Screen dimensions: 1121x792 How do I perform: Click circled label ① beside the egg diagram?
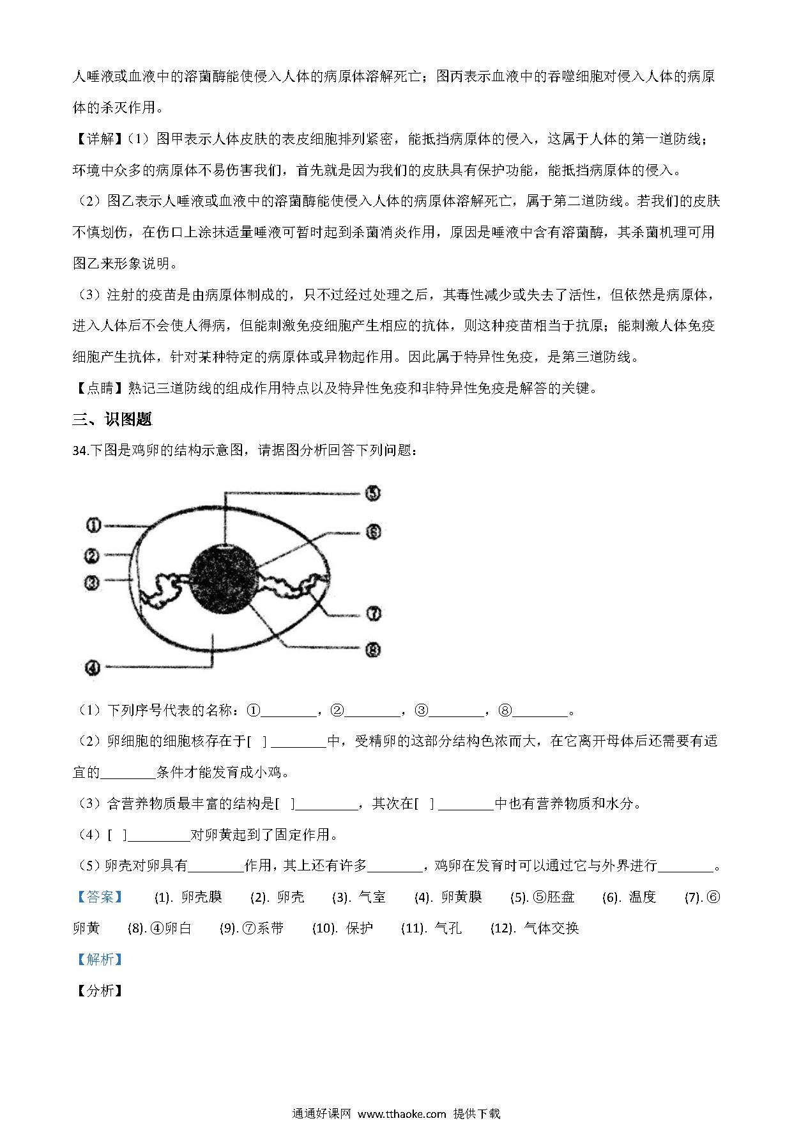coord(93,525)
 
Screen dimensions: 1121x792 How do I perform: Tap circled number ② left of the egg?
coord(93,556)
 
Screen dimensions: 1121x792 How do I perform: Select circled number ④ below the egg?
coord(93,668)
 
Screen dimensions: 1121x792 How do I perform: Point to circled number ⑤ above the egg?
coord(373,493)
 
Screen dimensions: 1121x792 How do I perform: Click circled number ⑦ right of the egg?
coord(373,614)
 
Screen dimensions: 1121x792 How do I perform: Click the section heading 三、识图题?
coord(112,420)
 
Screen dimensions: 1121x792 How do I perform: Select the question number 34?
coord(80,451)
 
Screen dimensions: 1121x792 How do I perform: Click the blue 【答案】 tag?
coord(99,897)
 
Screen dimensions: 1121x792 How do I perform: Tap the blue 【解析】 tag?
coord(99,959)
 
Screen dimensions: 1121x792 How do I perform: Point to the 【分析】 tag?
coord(99,991)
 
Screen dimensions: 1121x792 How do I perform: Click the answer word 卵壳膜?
coord(202,897)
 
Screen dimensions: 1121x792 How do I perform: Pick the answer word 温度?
coord(643,897)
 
